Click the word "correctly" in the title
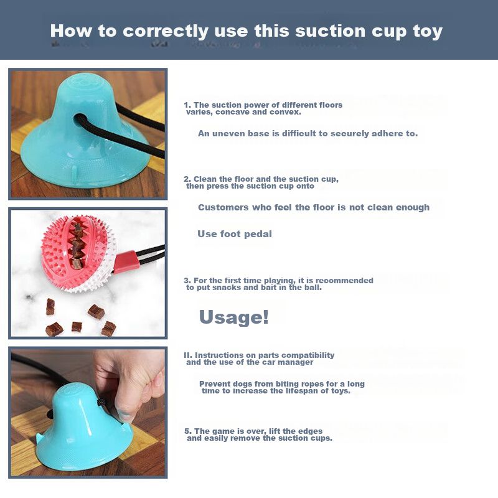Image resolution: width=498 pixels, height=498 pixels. pyautogui.click(x=166, y=32)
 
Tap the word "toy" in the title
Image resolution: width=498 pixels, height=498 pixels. pyautogui.click(x=428, y=32)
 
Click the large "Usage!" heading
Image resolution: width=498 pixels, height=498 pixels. pyautogui.click(x=234, y=317)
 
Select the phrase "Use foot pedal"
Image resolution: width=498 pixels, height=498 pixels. pyautogui.click(x=235, y=234)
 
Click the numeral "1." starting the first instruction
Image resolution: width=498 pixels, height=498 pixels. pyautogui.click(x=188, y=105)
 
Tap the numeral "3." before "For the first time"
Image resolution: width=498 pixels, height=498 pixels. pyautogui.click(x=188, y=281)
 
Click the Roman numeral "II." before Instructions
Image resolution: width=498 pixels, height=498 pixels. pyautogui.click(x=188, y=355)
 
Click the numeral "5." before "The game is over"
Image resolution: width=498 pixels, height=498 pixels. pyautogui.click(x=189, y=431)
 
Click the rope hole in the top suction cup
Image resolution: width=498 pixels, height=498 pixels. pyautogui.click(x=82, y=120)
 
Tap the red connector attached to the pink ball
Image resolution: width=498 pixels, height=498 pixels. pyautogui.click(x=126, y=261)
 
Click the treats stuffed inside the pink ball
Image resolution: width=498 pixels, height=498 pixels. pyautogui.click(x=76, y=245)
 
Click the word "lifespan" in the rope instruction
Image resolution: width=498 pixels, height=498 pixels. pyautogui.click(x=305, y=391)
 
